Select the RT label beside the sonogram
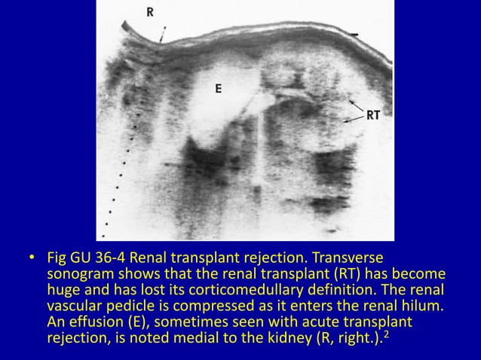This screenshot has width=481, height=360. click(x=373, y=116)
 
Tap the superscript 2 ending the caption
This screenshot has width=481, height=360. click(x=387, y=338)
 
